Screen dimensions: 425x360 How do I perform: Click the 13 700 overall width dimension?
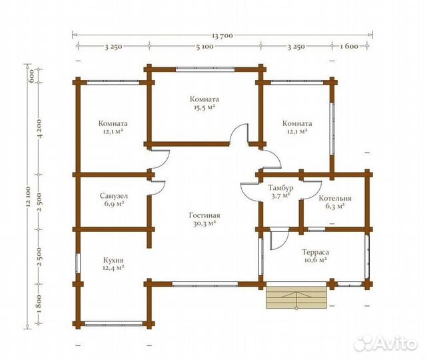222,35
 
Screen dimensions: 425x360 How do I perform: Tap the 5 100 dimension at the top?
205,47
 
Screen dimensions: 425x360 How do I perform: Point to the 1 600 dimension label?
349,47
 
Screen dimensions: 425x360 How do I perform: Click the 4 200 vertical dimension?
39,129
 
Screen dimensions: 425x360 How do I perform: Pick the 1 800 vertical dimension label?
39,304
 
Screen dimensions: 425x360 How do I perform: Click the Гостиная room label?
205,215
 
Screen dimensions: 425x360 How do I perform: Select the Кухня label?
113,261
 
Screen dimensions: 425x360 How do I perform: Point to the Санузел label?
114,196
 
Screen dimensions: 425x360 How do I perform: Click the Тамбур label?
280,188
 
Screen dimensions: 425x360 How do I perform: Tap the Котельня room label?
335,198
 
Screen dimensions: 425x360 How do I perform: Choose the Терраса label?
316,252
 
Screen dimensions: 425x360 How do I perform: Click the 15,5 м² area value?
205,107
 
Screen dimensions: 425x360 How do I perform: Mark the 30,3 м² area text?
205,223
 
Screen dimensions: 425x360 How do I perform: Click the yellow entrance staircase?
296,297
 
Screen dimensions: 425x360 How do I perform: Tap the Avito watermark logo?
385,343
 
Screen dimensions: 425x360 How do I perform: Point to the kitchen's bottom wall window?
114,323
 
